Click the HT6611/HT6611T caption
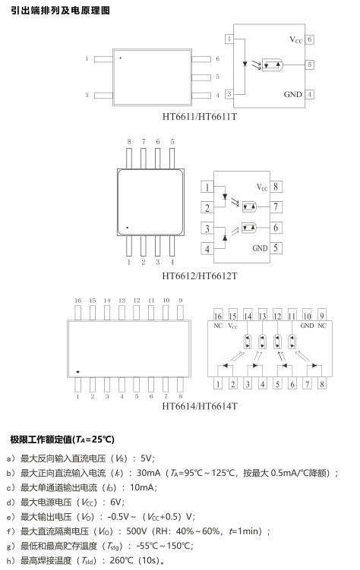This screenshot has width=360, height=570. tap(199, 117)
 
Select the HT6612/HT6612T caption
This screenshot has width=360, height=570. tap(199, 276)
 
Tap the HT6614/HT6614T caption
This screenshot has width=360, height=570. tap(199, 406)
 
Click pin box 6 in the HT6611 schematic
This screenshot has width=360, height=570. tap(309, 39)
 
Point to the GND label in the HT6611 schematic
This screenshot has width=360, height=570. tap(293, 95)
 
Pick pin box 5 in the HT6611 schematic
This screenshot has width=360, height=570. tap(309, 65)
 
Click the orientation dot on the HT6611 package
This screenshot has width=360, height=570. tap(120, 58)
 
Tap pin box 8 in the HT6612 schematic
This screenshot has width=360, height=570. tap(276, 187)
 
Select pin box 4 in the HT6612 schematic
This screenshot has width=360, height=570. tap(207, 249)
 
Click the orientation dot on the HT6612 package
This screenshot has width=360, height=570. tap(128, 228)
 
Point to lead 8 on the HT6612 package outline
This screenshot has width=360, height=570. tap(129, 159)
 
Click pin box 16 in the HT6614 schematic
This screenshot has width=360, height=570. tap(218, 315)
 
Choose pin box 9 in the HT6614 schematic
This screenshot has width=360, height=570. tap(321, 315)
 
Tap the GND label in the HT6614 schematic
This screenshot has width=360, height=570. tap(307, 326)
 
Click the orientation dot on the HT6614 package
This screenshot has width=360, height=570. tap(77, 372)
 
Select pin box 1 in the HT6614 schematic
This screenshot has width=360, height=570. tap(218, 384)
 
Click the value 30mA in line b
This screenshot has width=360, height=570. tap(148, 473)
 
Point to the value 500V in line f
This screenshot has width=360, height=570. tap(137, 531)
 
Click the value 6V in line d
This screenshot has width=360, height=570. tap(115, 502)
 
